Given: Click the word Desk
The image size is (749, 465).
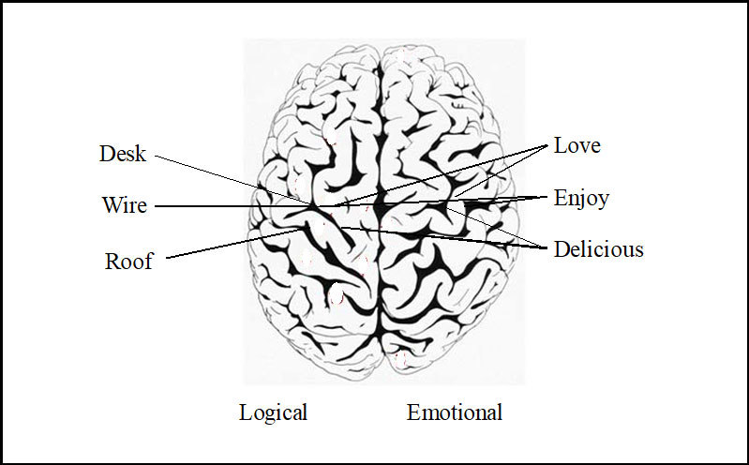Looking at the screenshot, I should [x=123, y=154].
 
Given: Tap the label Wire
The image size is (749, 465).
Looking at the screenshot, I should [x=124, y=204].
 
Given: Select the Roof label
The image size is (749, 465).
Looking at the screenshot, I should [x=128, y=261].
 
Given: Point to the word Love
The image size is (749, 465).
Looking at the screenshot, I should [x=577, y=145].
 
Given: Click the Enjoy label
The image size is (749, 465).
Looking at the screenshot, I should [x=581, y=198].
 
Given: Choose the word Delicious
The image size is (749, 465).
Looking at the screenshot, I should [x=598, y=249].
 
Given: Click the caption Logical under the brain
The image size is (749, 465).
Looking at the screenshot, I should [x=273, y=412].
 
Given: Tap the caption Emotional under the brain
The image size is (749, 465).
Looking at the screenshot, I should [x=454, y=412].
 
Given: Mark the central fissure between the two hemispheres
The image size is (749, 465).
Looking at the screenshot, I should [x=379, y=281].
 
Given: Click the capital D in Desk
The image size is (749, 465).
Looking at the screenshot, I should [x=107, y=154].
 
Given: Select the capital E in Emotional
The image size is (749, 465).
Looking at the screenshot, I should [x=413, y=412].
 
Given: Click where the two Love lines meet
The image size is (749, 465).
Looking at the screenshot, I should [x=547, y=147].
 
